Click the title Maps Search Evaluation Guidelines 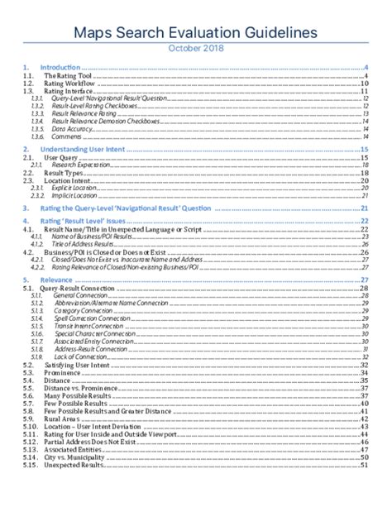point(195,31)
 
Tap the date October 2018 point(195,48)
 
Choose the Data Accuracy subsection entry point(71,129)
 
